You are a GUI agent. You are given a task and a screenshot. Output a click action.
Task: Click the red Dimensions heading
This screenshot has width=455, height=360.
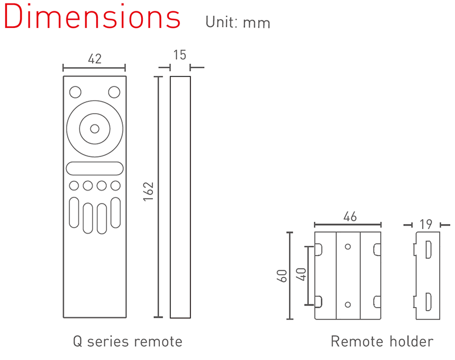point(92,16)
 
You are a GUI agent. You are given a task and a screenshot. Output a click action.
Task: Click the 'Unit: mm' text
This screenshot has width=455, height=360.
point(238,22)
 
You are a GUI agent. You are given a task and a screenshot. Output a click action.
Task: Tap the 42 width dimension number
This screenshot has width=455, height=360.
point(94,59)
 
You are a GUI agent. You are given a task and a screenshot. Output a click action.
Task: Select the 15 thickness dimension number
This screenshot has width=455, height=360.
point(180,55)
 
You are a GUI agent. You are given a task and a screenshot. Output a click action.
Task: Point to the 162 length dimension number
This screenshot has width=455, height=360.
point(148,192)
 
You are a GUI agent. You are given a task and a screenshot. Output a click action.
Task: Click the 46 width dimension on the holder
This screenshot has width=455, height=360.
point(350,217)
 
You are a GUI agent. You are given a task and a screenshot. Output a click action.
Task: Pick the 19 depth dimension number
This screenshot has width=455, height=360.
point(426,224)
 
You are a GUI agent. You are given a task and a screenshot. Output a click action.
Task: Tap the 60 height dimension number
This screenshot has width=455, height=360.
point(282,276)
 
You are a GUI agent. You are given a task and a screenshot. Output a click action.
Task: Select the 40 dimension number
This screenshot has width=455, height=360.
point(301,275)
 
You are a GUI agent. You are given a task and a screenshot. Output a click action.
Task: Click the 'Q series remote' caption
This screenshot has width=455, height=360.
point(127,341)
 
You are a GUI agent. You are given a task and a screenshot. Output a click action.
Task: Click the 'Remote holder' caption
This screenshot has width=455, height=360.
point(382,341)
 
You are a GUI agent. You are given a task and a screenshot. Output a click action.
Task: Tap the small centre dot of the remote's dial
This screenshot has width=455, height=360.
point(94,129)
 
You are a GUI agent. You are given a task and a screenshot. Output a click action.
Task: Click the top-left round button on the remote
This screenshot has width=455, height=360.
point(76,92)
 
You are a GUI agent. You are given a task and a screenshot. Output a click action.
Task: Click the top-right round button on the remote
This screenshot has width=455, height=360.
point(114,92)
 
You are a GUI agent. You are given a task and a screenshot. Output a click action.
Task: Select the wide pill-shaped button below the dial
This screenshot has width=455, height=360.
point(94,168)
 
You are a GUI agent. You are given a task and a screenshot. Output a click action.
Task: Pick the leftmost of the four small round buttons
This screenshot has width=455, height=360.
point(74,185)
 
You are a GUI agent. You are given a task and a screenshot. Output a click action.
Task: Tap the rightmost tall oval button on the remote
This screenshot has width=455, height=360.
point(115,213)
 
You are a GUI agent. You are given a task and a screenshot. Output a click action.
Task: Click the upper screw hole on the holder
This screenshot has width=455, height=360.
point(348,247)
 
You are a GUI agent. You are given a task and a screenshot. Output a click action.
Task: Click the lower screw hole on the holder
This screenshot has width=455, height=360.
point(348,305)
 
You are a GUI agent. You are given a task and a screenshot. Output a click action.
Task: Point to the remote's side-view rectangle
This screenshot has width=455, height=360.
point(180,197)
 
